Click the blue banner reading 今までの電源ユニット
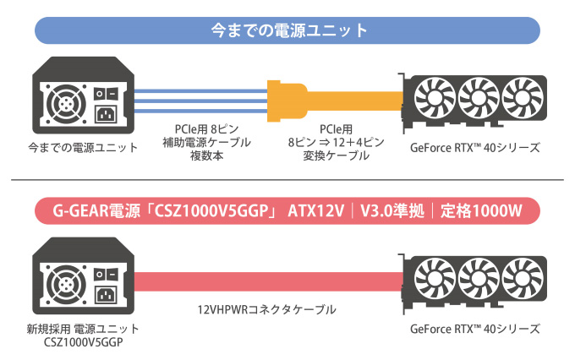287,30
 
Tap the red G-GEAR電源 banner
287,209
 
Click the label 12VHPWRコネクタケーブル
266,310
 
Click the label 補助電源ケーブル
206,142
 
